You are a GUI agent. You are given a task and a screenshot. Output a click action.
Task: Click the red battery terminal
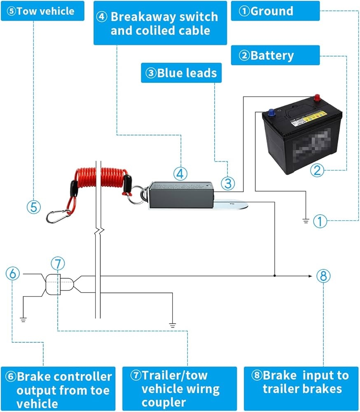point(318,98)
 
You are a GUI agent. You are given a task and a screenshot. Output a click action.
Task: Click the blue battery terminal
point(272,111)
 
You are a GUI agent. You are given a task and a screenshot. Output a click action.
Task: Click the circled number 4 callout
point(180,174)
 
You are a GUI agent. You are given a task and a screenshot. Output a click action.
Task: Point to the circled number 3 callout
point(228,183)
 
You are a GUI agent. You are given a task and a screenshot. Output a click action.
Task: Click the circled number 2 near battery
point(317,169)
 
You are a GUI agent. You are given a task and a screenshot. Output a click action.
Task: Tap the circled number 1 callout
point(320,221)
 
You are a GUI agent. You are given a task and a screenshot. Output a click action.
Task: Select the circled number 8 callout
point(323,276)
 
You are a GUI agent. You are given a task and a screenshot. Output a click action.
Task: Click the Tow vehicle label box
point(42,11)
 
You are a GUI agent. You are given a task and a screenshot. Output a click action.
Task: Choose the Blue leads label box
point(181,73)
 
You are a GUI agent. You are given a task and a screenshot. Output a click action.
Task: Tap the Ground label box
point(275,11)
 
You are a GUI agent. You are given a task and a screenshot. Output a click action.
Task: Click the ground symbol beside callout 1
point(305,221)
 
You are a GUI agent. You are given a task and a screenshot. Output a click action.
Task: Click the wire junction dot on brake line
point(275,276)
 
